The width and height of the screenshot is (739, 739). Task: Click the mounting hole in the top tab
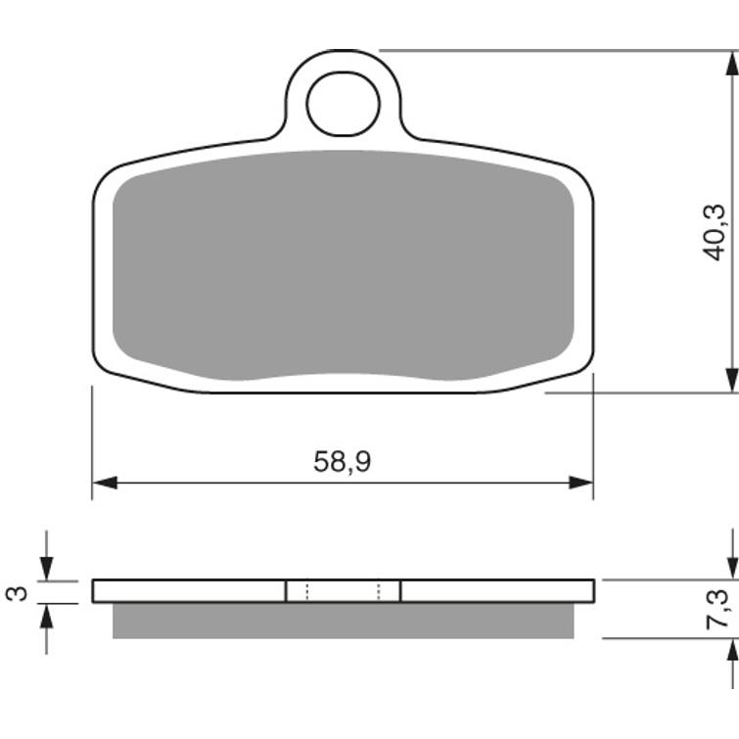coord(343,103)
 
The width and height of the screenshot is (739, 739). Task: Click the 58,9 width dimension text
coord(342,462)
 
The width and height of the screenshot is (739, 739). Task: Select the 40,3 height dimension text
coord(715,231)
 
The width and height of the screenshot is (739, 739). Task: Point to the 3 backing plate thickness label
coord(14,592)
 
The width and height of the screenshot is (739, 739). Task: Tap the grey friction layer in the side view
coord(343,621)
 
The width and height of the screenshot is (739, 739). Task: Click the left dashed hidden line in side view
coord(306,590)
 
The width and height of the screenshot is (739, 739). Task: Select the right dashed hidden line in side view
coord(378,590)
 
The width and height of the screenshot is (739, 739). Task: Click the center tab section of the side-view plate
coord(343,590)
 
